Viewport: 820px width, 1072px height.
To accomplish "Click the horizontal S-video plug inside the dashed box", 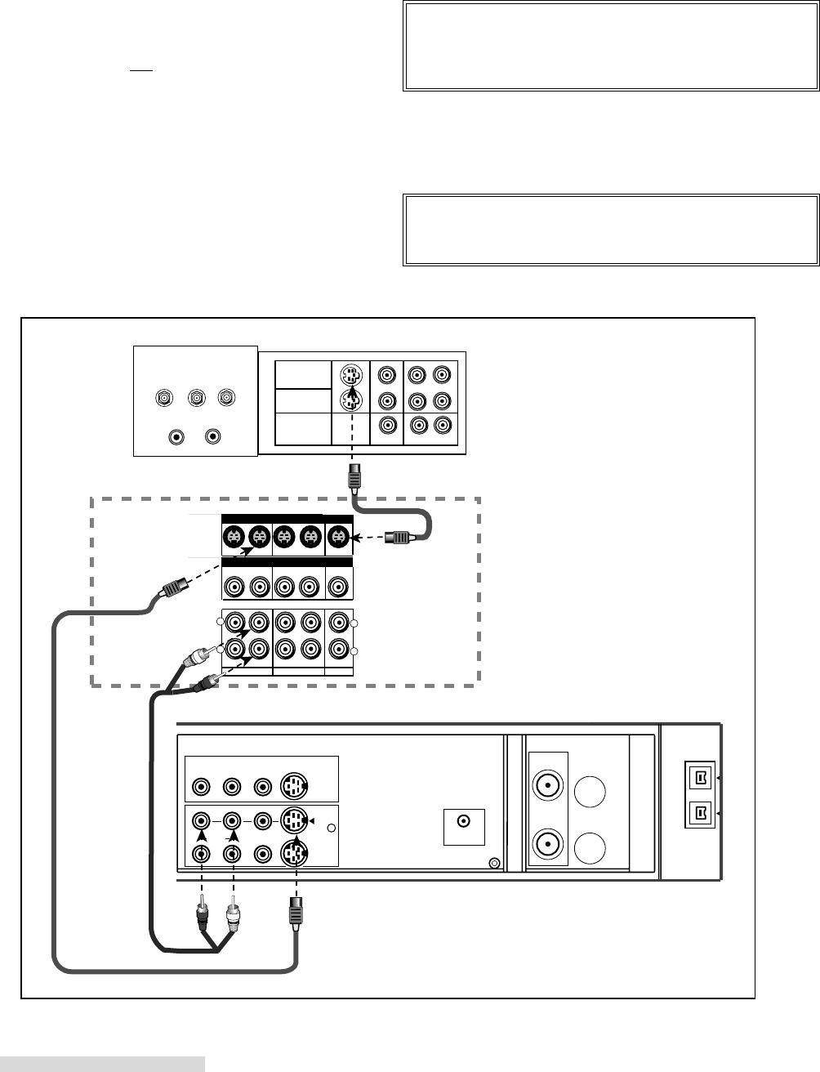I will [403, 538].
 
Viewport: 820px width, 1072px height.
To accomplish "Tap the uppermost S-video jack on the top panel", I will [350, 377].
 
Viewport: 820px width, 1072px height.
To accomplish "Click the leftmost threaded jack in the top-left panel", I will [165, 399].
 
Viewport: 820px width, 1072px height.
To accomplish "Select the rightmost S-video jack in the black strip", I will [338, 537].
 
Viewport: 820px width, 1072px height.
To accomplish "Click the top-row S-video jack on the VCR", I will [294, 787].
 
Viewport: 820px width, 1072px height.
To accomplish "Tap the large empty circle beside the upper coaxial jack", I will [590, 792].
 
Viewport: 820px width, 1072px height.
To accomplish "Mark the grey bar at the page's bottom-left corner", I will [102, 1063].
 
